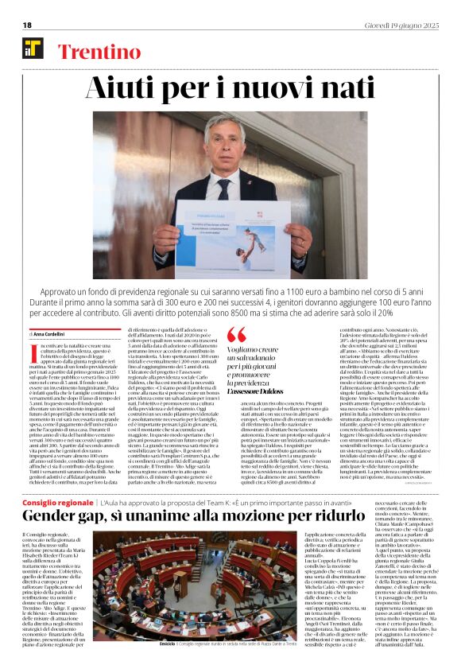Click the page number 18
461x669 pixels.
coord(27,25)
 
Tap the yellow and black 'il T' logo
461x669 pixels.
coord(33,49)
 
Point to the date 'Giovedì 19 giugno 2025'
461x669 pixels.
coord(401,25)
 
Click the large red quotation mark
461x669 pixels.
coord(237,334)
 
